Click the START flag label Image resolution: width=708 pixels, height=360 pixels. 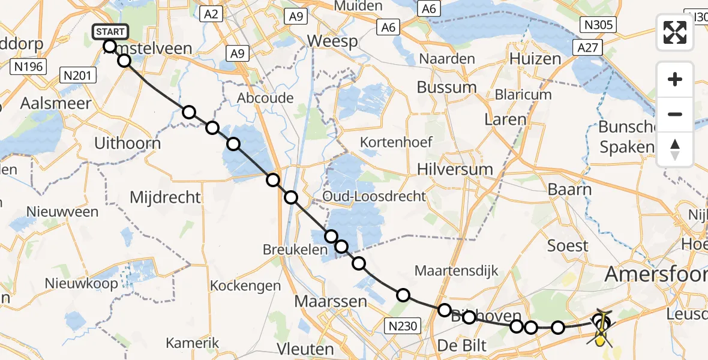pos(110,32)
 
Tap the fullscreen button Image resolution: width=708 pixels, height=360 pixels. pos(675,32)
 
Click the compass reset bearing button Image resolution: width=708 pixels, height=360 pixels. pos(675,149)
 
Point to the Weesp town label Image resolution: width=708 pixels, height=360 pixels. pos(332,41)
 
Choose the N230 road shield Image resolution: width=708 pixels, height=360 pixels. pos(401,325)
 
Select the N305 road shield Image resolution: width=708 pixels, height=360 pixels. pos(598,24)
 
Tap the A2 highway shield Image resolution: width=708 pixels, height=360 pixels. pos(212,14)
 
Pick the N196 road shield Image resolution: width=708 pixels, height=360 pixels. pos(29,66)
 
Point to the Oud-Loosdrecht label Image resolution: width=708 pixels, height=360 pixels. pos(374,196)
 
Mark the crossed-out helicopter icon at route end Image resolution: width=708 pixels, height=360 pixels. pos(601,329)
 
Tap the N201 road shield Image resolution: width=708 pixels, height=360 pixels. pos(76,75)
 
